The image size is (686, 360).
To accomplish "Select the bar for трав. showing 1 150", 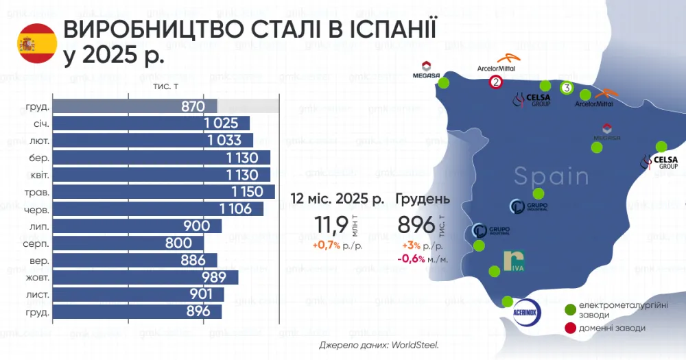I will (163, 192).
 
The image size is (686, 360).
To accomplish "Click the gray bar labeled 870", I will (135, 106).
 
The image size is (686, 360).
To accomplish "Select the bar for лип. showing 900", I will (137, 226).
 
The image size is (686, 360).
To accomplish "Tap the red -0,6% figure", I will (412, 258).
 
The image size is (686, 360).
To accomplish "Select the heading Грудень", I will (423, 200).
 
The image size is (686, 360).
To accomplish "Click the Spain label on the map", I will (551, 176).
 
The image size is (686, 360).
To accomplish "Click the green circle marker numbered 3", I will (567, 88).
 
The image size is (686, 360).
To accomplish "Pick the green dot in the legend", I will (569, 310).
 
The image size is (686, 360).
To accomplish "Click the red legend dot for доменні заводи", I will (569, 328).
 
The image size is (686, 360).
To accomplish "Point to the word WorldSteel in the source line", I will (415, 345).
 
